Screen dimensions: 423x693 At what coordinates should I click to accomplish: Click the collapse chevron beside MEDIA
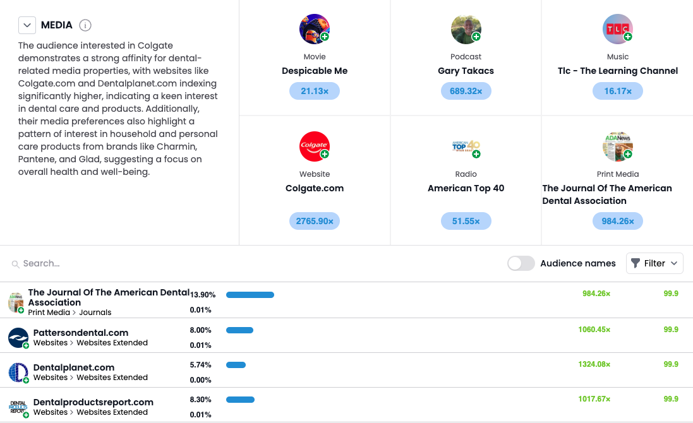(x=27, y=25)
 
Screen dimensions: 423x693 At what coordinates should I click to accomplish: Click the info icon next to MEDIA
(x=85, y=25)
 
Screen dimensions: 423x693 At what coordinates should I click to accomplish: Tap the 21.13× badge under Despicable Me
(x=315, y=91)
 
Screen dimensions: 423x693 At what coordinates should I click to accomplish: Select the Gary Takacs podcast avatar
(x=466, y=29)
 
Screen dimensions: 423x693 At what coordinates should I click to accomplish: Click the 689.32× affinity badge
(x=466, y=91)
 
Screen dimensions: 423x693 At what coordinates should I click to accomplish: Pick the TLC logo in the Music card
(x=617, y=29)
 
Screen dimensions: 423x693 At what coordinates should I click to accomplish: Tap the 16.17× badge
(x=617, y=91)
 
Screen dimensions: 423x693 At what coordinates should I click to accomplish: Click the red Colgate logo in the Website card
(x=315, y=146)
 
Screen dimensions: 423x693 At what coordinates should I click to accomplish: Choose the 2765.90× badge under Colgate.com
(x=315, y=221)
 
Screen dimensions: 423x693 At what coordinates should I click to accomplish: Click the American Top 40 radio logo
(x=466, y=146)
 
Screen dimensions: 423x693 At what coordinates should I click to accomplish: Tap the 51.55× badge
(x=466, y=221)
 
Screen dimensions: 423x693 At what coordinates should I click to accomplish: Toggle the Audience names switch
(x=521, y=263)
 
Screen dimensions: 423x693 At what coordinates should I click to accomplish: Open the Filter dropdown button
(x=654, y=263)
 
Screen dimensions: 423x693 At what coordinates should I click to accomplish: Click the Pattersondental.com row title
(x=81, y=333)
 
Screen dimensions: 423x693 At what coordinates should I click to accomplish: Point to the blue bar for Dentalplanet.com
(x=236, y=365)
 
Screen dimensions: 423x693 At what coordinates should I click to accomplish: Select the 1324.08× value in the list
(x=594, y=364)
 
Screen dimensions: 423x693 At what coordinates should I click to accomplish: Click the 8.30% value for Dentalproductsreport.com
(x=201, y=400)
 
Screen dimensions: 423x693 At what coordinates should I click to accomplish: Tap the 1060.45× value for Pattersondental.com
(x=594, y=330)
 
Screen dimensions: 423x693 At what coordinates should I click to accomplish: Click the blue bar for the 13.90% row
(x=250, y=295)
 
